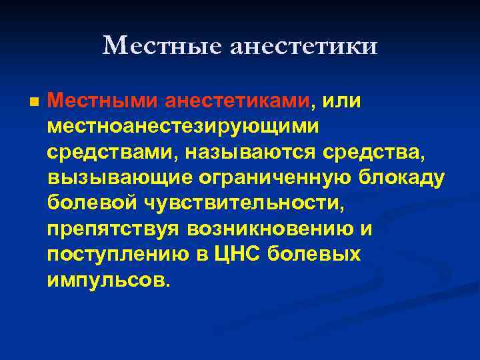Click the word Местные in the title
pos(163,45)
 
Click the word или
pos(340,101)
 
